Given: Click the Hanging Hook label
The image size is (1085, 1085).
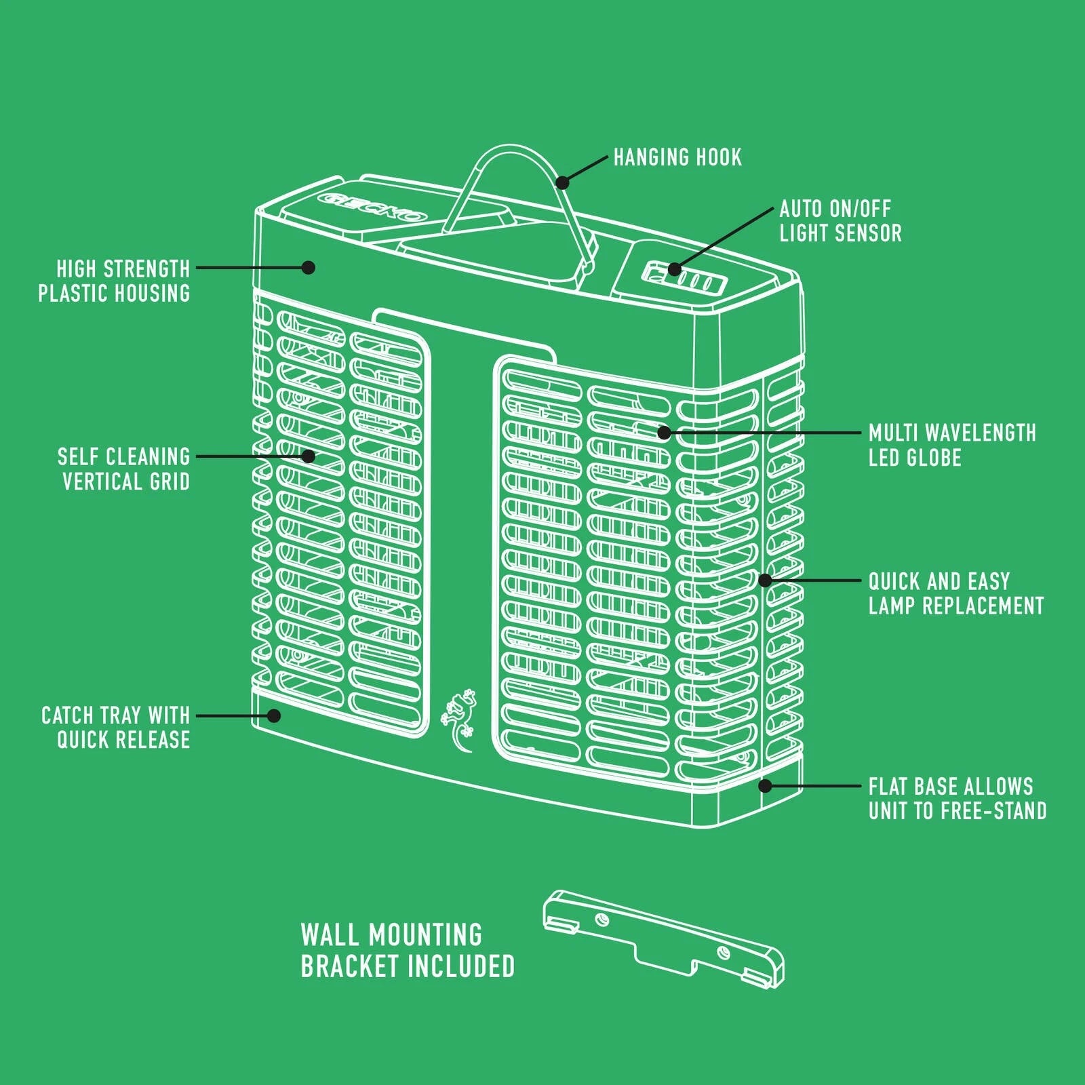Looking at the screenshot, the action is coord(677,157).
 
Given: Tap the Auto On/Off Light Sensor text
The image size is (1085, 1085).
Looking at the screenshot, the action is coord(840,221).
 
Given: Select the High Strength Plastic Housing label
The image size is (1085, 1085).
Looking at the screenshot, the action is coord(114,281).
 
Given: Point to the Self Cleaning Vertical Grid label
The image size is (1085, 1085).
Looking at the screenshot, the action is coord(123,469).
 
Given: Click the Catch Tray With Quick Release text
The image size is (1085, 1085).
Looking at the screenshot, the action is coord(116,727).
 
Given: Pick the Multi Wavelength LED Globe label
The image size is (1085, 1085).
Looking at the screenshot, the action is coord(952,445).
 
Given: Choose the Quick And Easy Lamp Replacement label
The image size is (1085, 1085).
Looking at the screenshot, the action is coord(956,593).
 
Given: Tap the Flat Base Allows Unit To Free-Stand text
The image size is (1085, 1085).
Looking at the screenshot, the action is coord(958,798).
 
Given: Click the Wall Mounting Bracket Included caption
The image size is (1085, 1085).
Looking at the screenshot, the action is coord(408,950).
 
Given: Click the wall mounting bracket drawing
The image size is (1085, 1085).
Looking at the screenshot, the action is coord(663,939).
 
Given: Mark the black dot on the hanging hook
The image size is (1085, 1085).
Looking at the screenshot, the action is coord(562,182).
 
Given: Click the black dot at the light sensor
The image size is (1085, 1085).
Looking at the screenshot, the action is coord(674,269).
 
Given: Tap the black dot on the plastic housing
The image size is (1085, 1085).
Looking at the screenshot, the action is coord(309,267).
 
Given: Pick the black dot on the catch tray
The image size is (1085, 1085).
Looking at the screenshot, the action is coord(274,715).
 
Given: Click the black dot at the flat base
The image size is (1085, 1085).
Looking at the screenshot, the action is coord(765,786).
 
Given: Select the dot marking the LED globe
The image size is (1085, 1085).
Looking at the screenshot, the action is coord(664,432).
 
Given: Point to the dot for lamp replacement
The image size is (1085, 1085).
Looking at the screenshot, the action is coord(765,580).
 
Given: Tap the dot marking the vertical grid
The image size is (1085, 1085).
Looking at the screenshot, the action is coord(309,456).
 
